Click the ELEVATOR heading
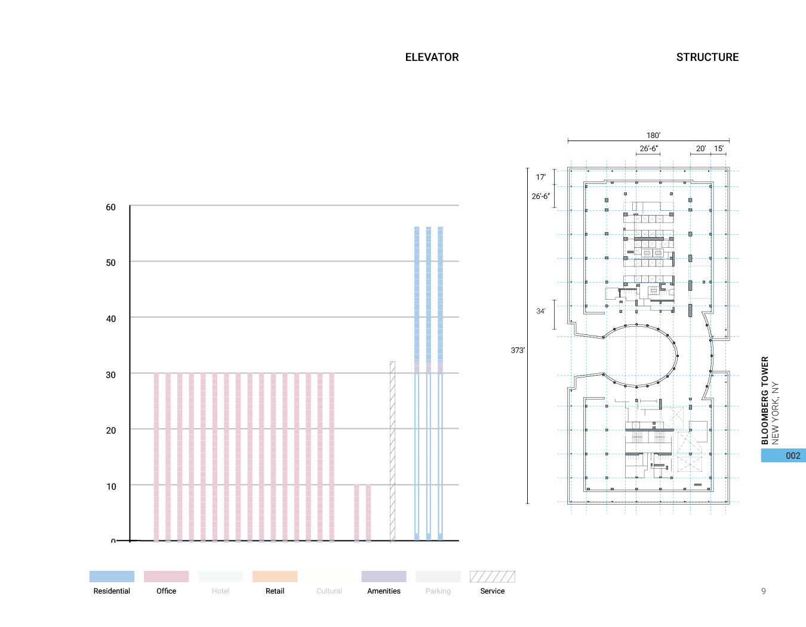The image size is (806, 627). tap(432, 57)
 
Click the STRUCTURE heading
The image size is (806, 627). tap(707, 57)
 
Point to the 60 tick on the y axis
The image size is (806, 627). tap(110, 207)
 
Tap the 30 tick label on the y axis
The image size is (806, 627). tap(110, 375)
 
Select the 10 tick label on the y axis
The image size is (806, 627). tap(111, 487)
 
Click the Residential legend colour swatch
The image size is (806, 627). tap(112, 576)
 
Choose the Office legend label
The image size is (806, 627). tap(166, 591)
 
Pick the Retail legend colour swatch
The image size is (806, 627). tap(275, 576)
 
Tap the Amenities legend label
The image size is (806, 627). tap(383, 591)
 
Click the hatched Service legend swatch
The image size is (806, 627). tap(492, 576)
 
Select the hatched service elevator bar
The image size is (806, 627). tap(392, 451)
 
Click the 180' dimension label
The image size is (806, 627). tap(653, 136)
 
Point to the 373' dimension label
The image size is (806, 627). tap(518, 351)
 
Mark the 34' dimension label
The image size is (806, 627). tap(540, 311)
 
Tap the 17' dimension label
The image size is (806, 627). tap(540, 177)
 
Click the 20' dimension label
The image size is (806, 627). tap(700, 149)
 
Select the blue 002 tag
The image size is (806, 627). tap(783, 456)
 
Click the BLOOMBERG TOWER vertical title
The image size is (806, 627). tap(765, 401)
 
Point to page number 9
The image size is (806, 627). tap(763, 591)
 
